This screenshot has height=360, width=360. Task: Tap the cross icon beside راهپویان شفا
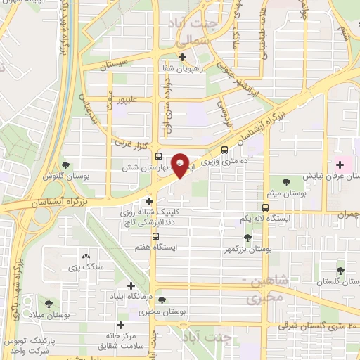click(x=183, y=58)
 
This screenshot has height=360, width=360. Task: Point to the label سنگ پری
click(x=86, y=268)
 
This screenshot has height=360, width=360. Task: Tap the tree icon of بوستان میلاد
click(x=49, y=304)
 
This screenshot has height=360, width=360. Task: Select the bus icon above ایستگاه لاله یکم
click(x=265, y=207)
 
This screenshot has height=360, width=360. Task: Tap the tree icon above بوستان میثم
click(x=287, y=181)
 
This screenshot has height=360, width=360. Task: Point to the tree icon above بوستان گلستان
click(x=341, y=270)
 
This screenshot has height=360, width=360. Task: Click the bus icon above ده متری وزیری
click(x=224, y=150)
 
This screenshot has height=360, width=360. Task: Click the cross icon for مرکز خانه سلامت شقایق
click(x=122, y=325)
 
